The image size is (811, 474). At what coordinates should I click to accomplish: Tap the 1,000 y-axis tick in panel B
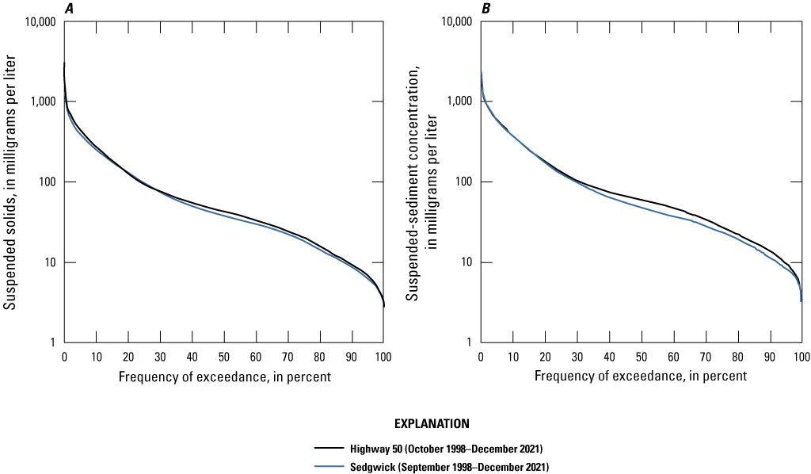point(459,102)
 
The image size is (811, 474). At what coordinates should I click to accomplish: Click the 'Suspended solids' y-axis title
point(11,182)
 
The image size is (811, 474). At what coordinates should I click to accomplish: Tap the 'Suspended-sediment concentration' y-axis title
point(419,182)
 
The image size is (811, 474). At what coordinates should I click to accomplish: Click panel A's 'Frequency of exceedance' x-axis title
point(224,377)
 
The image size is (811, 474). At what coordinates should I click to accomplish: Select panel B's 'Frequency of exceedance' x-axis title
point(641,377)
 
